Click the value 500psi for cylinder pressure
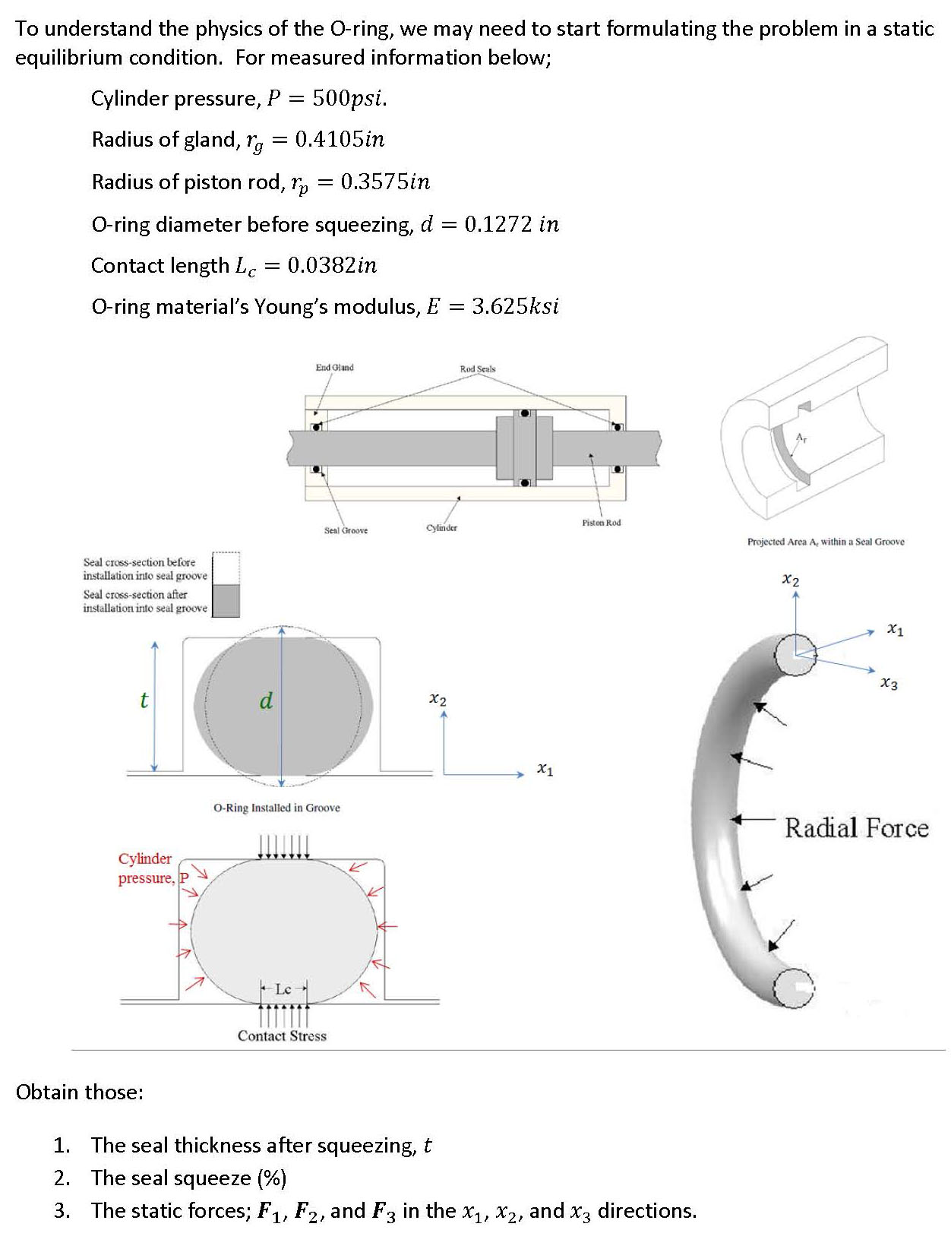pos(349,99)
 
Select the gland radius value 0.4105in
pos(340,140)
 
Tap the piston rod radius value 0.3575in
pos(385,182)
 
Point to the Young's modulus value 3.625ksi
pos(515,307)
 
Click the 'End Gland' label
pos(334,368)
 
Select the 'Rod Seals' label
pos(477,369)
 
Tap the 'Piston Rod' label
pos(601,523)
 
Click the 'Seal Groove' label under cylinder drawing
pos(346,530)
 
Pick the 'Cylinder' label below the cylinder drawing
pos(442,527)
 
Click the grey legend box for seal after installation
pos(226,600)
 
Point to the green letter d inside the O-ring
pos(266,700)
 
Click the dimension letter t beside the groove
pos(144,700)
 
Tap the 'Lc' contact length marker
pos(283,989)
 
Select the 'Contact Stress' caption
pos(282,1036)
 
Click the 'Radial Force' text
pos(856,828)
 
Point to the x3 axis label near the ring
pos(889,684)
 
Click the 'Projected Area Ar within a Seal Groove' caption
pos(826,542)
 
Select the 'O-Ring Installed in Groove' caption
pos(276,808)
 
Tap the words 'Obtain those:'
pos(80,1092)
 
